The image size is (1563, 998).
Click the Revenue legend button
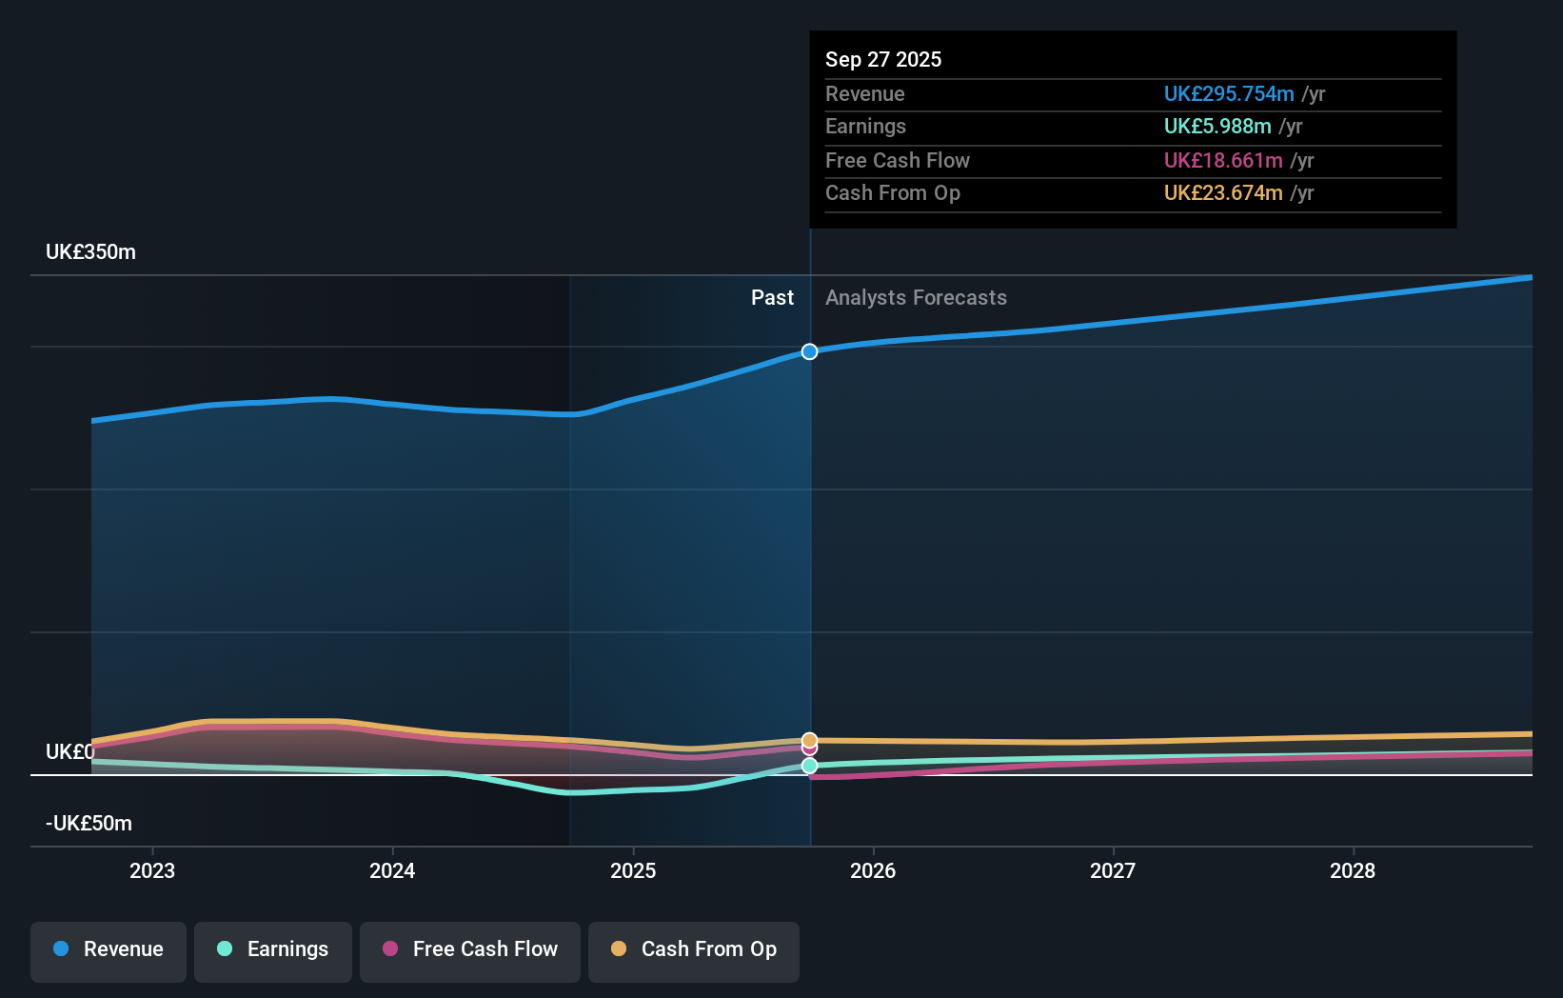point(109,950)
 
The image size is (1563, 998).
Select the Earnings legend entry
point(273,950)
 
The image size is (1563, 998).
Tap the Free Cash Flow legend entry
point(470,950)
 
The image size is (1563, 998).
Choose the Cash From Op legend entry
point(694,950)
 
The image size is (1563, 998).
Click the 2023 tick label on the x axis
point(152,871)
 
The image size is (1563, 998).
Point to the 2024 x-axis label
point(392,871)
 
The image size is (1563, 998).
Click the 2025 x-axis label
point(633,871)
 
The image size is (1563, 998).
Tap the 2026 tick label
point(873,871)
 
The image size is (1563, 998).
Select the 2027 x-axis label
point(1113,871)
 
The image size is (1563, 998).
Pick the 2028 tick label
point(1353,871)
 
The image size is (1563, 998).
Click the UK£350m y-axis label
point(90,252)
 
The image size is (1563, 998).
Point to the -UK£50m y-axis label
point(89,824)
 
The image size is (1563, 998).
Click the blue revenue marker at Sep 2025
point(809,351)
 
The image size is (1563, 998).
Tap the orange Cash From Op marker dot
point(809,739)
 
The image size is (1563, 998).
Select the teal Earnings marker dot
point(809,766)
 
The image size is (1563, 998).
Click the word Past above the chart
point(772,298)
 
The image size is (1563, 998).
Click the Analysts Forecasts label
point(916,298)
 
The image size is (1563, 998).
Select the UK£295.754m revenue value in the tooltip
point(1228,94)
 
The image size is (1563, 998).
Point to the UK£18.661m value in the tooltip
point(1222,161)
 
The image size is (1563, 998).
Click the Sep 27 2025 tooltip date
point(882,60)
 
